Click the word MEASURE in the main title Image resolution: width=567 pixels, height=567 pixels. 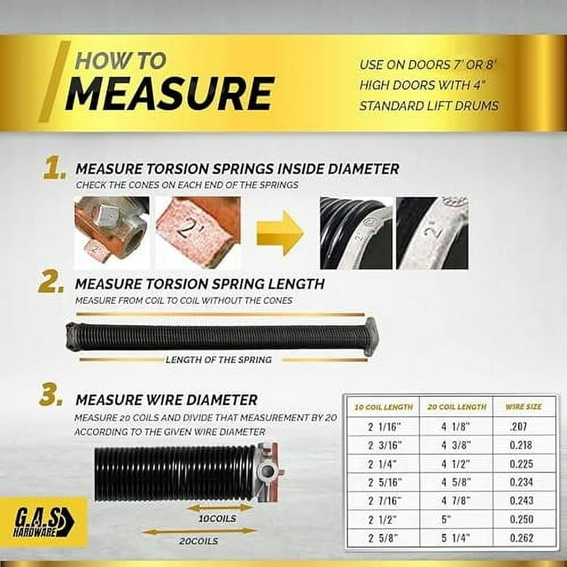point(169,94)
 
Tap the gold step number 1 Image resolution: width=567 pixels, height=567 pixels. point(54,169)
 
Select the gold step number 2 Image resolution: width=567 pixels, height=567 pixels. point(50,283)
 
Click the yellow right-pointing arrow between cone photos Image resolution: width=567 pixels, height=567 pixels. point(279,233)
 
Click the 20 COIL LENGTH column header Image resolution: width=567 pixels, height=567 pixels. point(456,407)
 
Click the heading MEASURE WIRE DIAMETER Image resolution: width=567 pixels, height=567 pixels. point(167,400)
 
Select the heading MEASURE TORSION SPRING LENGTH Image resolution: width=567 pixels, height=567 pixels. point(199,284)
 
